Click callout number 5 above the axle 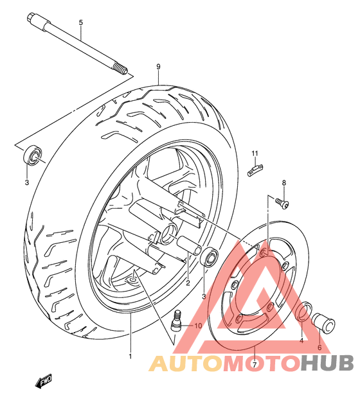coord(81,23)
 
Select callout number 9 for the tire coord(157,66)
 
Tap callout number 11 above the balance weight coord(255,153)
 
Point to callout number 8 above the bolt coord(283,183)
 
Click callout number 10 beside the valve coord(198,326)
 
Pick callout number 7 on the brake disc coord(255,365)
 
